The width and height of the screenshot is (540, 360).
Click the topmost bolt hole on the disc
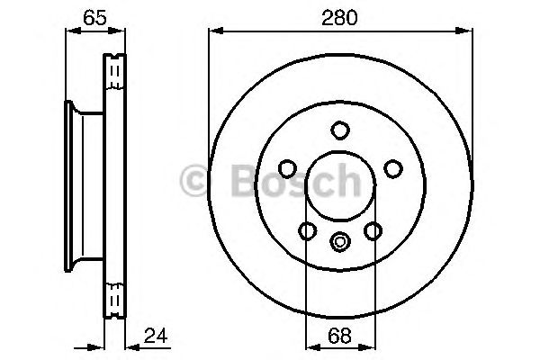pyautogui.click(x=339, y=130)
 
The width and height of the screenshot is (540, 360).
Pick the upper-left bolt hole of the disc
pyautogui.click(x=286, y=168)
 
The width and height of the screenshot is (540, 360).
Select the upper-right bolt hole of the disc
pyautogui.click(x=392, y=168)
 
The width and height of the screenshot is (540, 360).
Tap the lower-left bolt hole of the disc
pyautogui.click(x=307, y=231)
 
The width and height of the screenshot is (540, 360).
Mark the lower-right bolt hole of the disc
pyautogui.click(x=373, y=231)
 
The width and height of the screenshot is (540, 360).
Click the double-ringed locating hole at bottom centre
pyautogui.click(x=339, y=240)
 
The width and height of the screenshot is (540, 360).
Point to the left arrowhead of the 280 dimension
pyautogui.click(x=214, y=31)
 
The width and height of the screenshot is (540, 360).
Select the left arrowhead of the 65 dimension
pyautogui.click(x=71, y=31)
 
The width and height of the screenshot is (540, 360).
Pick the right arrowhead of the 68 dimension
pyautogui.click(x=367, y=346)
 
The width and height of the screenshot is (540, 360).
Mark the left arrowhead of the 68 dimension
pyautogui.click(x=311, y=346)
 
